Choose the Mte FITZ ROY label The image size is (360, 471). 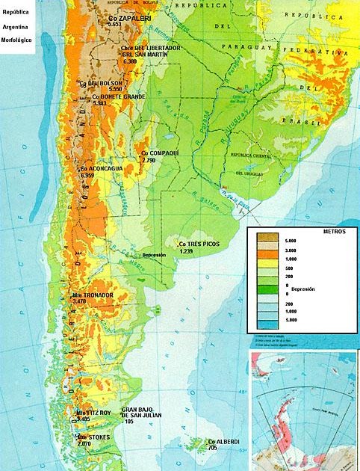pos(93,412)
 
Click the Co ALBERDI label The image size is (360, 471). pos(224,441)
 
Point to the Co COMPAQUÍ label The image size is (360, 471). pos(160,153)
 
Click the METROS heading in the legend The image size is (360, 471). pos(334,232)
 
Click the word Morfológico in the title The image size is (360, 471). pos(16,39)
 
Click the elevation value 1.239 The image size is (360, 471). pos(185,251)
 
